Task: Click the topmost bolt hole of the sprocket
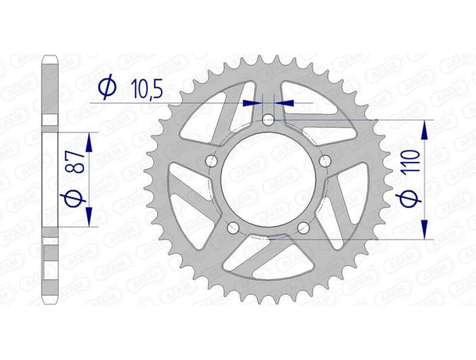click(x=268, y=120)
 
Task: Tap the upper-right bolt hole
click(x=325, y=161)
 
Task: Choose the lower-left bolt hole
click(x=232, y=228)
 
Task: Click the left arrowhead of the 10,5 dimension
click(x=255, y=102)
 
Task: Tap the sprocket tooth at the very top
click(x=268, y=56)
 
